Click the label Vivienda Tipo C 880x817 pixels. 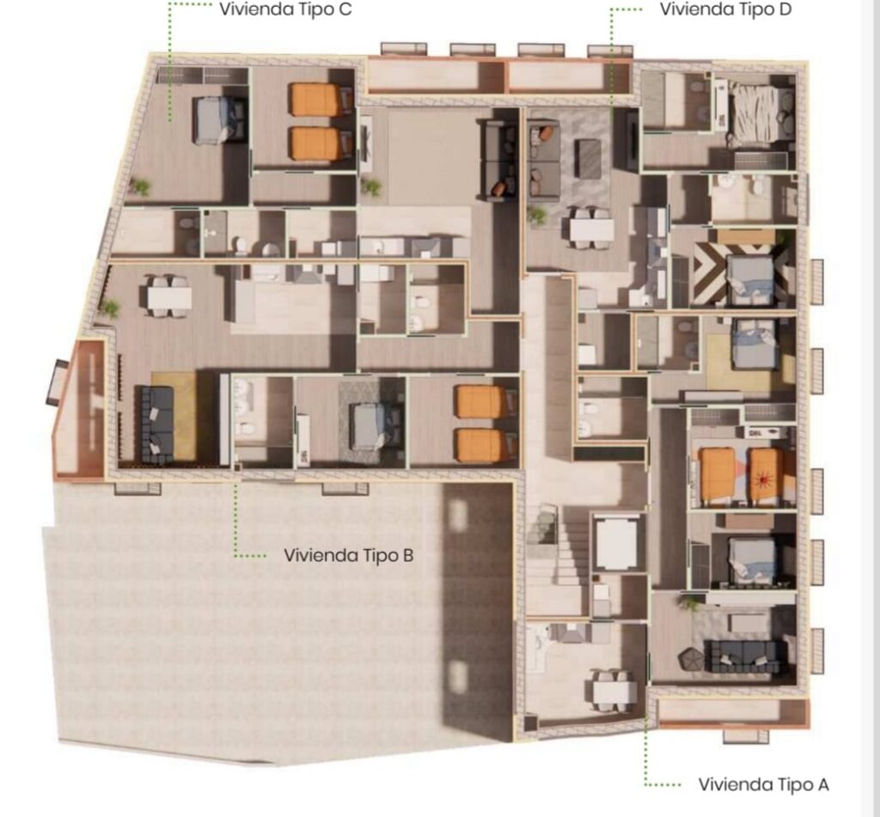tap(285, 9)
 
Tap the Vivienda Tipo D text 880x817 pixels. tap(725, 9)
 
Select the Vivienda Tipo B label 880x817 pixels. tap(349, 556)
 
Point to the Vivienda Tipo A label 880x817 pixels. tap(763, 784)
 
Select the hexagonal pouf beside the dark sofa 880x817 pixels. tap(689, 659)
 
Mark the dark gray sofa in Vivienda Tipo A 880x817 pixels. tap(744, 656)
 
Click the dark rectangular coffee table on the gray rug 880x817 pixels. tap(588, 159)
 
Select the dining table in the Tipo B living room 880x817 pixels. tap(168, 296)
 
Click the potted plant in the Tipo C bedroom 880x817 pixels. tap(139, 187)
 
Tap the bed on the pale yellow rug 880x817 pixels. tap(755, 344)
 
